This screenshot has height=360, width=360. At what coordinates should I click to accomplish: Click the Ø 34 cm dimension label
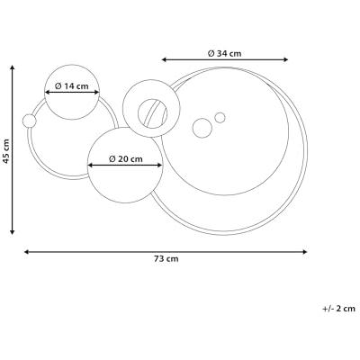[224, 53]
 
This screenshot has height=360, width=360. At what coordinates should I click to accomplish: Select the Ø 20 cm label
[125, 158]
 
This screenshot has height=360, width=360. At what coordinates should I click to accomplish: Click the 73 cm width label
[166, 259]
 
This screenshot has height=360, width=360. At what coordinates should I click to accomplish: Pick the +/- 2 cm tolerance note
[338, 308]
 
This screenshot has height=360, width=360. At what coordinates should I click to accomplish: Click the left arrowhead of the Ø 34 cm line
[165, 60]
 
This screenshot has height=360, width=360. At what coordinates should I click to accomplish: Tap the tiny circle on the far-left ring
[29, 121]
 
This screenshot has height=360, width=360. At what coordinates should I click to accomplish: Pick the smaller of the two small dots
[220, 117]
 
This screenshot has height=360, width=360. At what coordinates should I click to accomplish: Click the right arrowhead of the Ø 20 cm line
[159, 166]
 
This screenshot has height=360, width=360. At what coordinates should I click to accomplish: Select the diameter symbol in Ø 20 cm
[112, 158]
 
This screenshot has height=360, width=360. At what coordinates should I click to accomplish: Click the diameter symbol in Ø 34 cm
[211, 53]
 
